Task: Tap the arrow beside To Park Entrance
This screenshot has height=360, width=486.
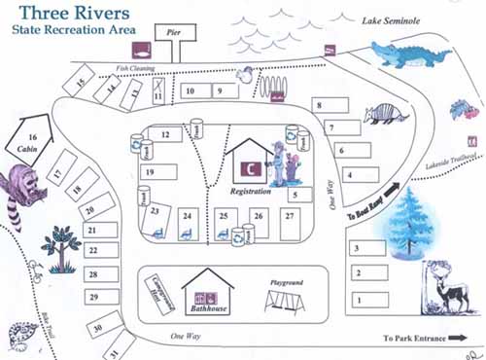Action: tap(461, 339)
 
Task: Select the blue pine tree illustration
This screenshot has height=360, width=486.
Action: tap(408, 226)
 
